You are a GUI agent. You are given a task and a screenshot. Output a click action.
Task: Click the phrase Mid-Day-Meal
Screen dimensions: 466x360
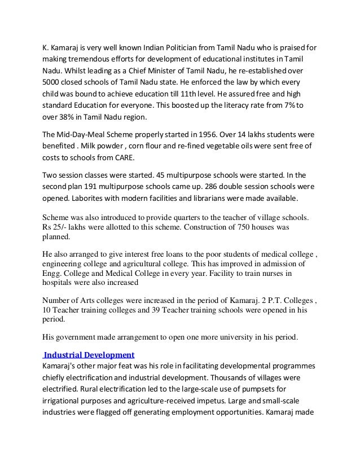(x=84, y=135)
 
